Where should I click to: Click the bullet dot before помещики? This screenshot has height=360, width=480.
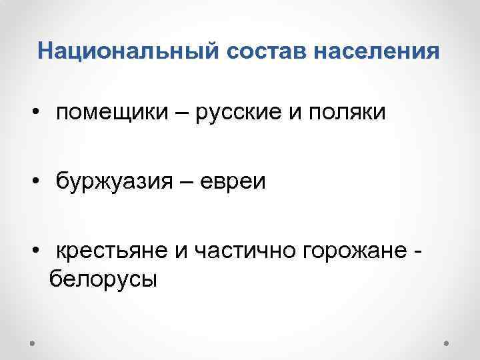pos(34,113)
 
